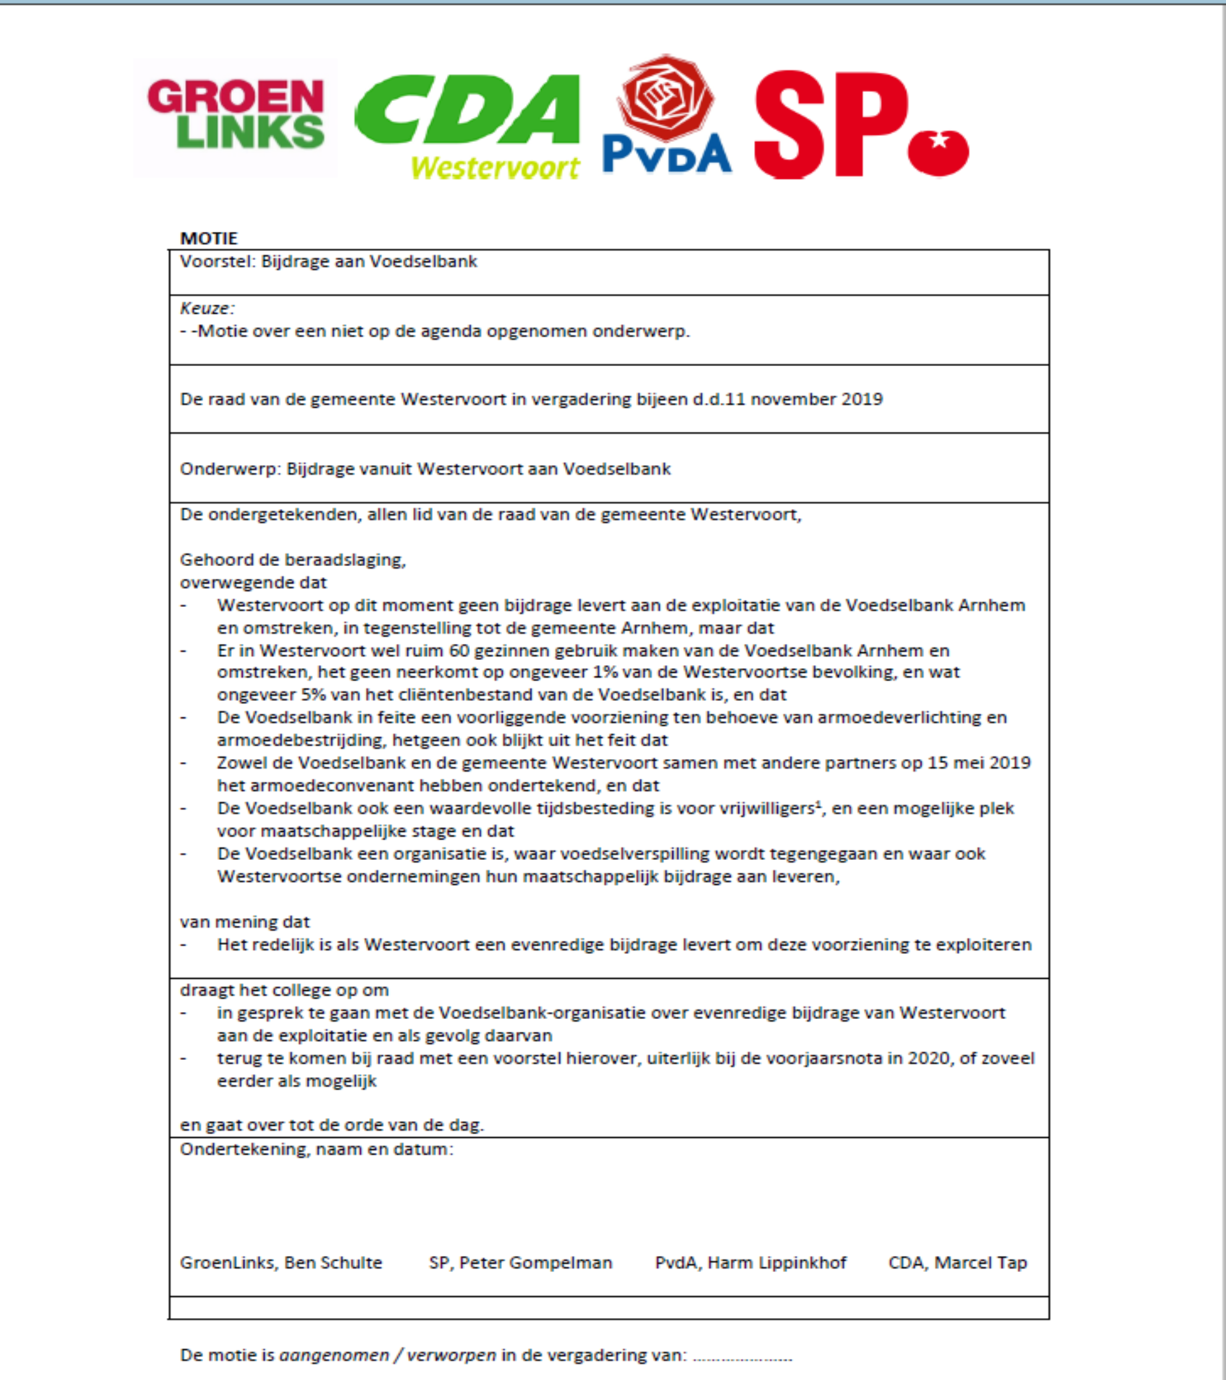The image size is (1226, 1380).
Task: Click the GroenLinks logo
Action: [x=236, y=114]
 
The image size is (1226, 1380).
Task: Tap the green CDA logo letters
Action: [x=467, y=109]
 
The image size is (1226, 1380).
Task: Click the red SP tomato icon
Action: [x=938, y=152]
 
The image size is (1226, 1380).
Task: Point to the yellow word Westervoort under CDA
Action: [x=496, y=167]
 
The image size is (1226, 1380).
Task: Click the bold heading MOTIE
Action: [x=209, y=238]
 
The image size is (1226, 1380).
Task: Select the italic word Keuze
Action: [x=206, y=309]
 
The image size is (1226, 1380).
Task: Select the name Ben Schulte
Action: [x=333, y=1262]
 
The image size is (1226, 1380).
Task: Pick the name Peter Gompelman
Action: [x=536, y=1262]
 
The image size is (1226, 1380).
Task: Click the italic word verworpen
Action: [x=451, y=1355]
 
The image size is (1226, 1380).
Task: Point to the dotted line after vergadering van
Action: [x=742, y=1356]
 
